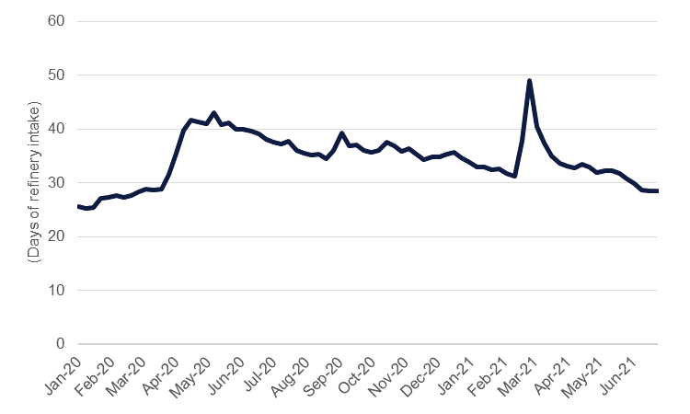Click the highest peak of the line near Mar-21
530,81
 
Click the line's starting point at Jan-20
78,207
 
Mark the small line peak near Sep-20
341,133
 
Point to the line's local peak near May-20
213,113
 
